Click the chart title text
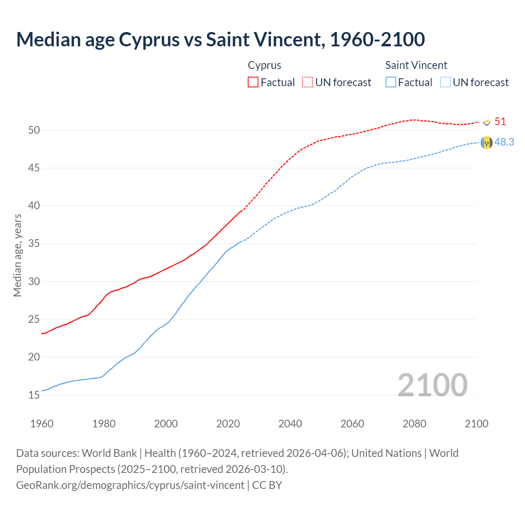coord(220,39)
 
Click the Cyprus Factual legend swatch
coord(253,82)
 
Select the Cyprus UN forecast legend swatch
coord(308,82)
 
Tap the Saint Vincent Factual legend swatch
coord(391,82)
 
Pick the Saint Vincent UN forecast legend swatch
coord(445,82)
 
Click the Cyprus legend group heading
coord(265,65)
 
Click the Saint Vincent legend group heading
coord(416,65)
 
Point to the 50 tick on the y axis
coord(34,130)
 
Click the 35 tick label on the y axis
coord(34,244)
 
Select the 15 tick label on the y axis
coord(34,395)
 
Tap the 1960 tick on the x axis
coord(42,424)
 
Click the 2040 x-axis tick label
coord(290,424)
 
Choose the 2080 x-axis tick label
coord(414,424)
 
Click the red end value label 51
coord(500,121)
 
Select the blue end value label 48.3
coord(504,142)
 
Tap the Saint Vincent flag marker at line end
coord(486,143)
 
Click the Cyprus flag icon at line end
coord(486,122)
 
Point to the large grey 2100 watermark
coord(432,385)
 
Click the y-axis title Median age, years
coord(17,255)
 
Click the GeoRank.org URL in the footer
coord(130,485)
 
